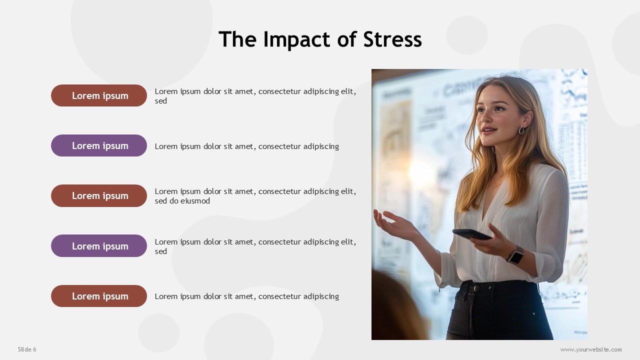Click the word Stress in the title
pos(392,39)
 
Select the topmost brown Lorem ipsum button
pos(99,95)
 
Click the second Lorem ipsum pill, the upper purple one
pos(99,145)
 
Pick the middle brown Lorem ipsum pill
pos(99,195)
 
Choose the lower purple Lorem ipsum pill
pos(99,245)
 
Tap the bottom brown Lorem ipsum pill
pos(99,296)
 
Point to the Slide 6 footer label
pos(27,349)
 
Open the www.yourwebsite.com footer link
pos(591,349)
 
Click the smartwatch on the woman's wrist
pos(516,255)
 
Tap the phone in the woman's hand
pos(472,234)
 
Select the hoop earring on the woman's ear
pos(521,130)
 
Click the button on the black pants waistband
pos(476,288)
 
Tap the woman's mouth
pos(489,130)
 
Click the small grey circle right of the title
pos(467,35)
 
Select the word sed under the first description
pos(161,101)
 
